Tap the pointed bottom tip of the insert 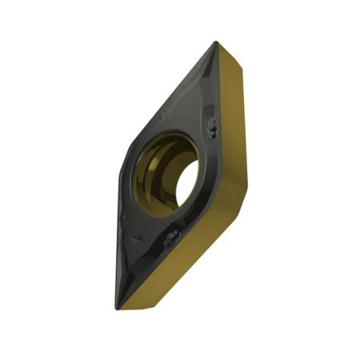(x=118, y=308)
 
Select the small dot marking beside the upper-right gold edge (x=213, y=127)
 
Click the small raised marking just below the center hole (x=170, y=235)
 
